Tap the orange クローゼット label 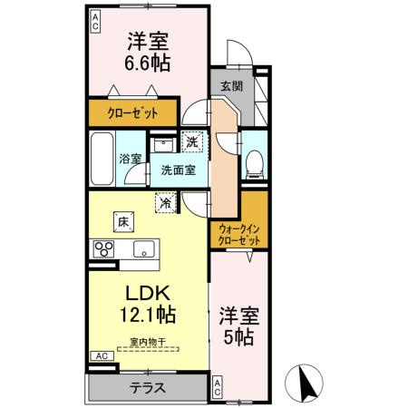tap(133, 113)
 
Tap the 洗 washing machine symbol tap(193, 141)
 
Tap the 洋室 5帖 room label tap(238, 326)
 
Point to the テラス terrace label tap(148, 386)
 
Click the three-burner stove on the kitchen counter tap(101, 250)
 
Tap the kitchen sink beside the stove tap(143, 249)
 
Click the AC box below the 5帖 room tap(218, 388)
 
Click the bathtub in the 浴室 tap(102, 159)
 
